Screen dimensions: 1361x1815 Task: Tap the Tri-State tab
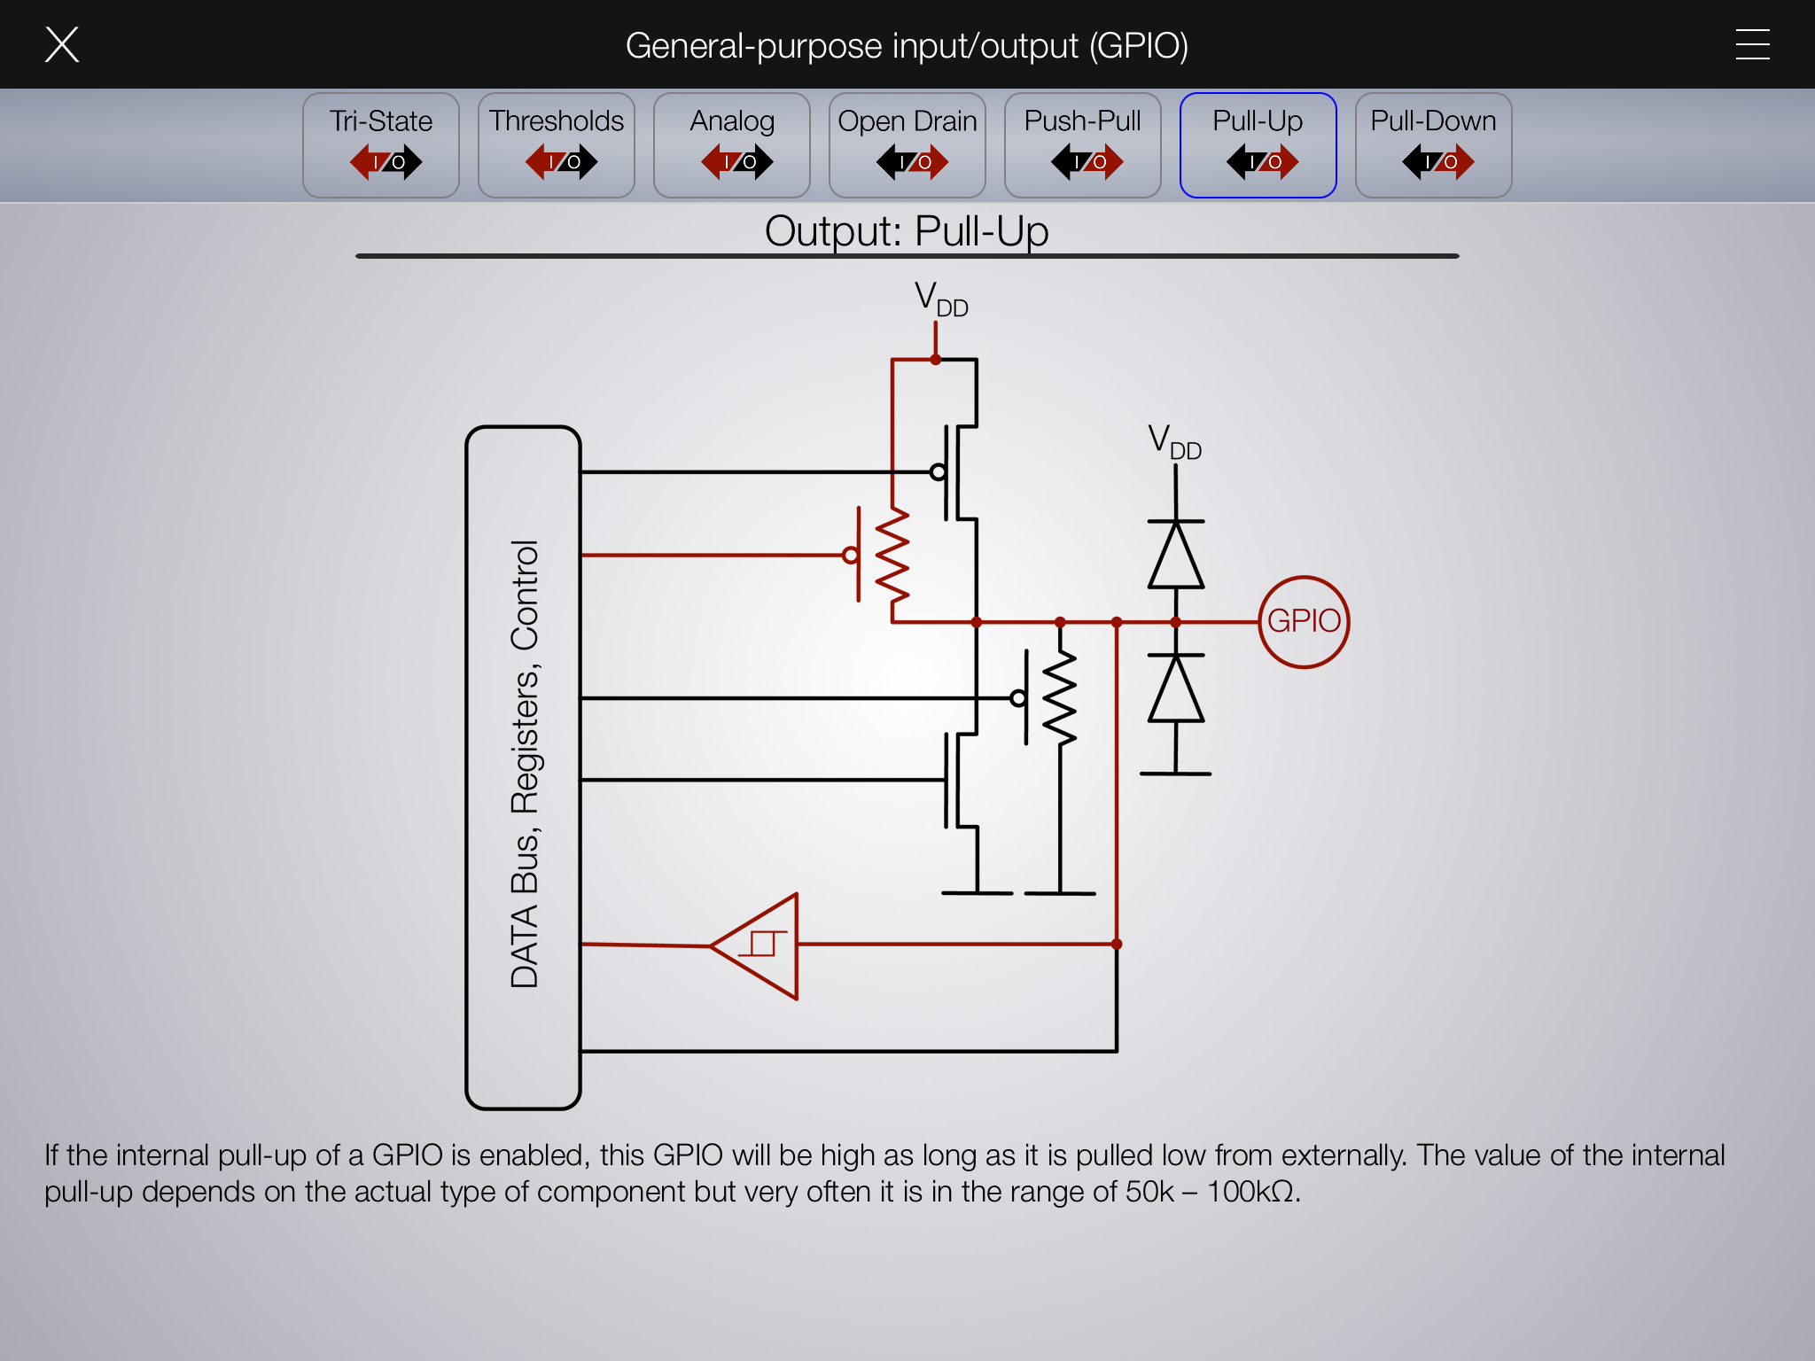(x=381, y=144)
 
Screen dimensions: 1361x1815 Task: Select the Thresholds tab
(x=557, y=144)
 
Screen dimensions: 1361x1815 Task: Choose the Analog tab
(x=732, y=144)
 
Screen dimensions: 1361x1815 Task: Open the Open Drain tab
(x=907, y=144)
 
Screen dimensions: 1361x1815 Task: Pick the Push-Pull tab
(x=1083, y=144)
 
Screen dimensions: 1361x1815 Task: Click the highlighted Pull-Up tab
(x=1258, y=144)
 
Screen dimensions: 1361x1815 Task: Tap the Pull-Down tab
(x=1434, y=144)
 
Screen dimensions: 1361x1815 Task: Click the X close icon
(x=62, y=44)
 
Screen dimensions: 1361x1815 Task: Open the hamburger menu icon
(x=1752, y=44)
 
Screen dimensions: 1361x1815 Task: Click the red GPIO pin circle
(x=1304, y=621)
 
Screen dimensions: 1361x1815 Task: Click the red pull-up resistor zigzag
(x=892, y=556)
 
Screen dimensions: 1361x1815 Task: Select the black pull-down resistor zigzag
(x=1060, y=698)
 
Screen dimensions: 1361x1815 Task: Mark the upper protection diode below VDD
(x=1176, y=556)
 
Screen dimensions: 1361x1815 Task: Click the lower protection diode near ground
(x=1176, y=688)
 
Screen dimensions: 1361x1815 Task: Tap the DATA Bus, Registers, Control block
(x=523, y=767)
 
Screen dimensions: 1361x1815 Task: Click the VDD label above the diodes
(x=1174, y=442)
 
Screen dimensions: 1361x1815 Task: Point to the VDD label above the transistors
(x=940, y=299)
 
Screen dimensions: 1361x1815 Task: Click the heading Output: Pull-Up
(x=907, y=231)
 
